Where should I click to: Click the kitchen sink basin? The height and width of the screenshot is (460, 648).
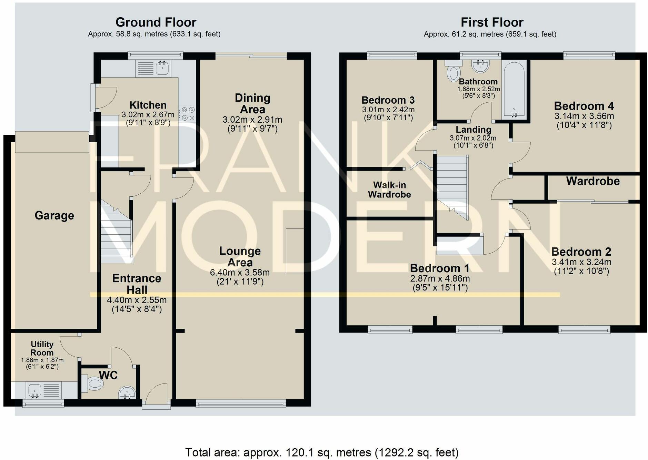pos(162,68)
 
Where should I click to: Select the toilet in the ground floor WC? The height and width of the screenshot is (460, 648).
pos(92,383)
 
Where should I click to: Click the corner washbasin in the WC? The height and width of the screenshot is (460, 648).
pos(127,392)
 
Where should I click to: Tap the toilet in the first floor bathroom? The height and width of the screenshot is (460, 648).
pos(453,70)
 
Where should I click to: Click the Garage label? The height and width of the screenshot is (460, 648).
pos(54,215)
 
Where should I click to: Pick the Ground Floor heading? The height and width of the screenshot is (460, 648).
pos(156,22)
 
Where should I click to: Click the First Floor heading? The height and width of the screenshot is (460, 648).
pos(492,22)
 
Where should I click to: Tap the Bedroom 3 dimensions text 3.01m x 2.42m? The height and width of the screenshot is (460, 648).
pos(388,110)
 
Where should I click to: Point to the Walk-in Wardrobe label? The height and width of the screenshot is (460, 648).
pos(389,190)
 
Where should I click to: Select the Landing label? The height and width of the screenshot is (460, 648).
pos(473,130)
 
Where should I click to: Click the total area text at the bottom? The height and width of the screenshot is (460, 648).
pos(322,452)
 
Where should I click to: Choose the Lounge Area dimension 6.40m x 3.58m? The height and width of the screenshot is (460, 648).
pos(240,272)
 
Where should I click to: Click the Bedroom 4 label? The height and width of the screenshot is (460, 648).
pos(584,106)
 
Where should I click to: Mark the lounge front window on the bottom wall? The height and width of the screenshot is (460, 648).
pos(241,403)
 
